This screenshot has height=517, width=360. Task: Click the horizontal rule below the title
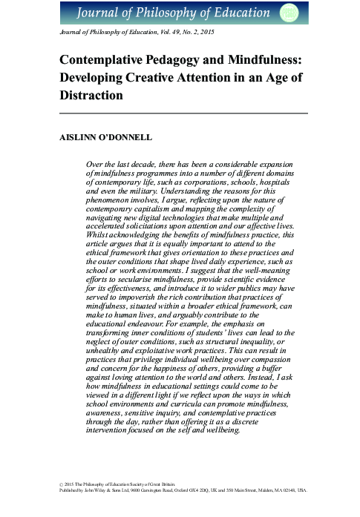click(x=183, y=113)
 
